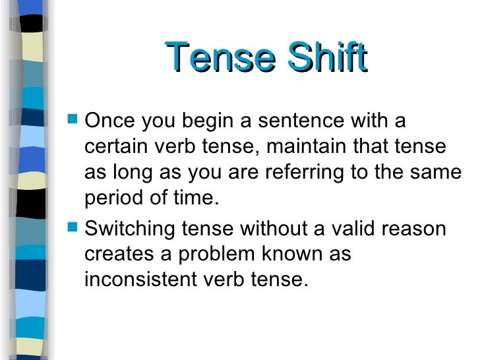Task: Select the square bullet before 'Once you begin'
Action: (x=73, y=121)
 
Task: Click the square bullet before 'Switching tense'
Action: (x=73, y=229)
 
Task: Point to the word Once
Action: (x=109, y=122)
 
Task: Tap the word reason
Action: (x=419, y=229)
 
